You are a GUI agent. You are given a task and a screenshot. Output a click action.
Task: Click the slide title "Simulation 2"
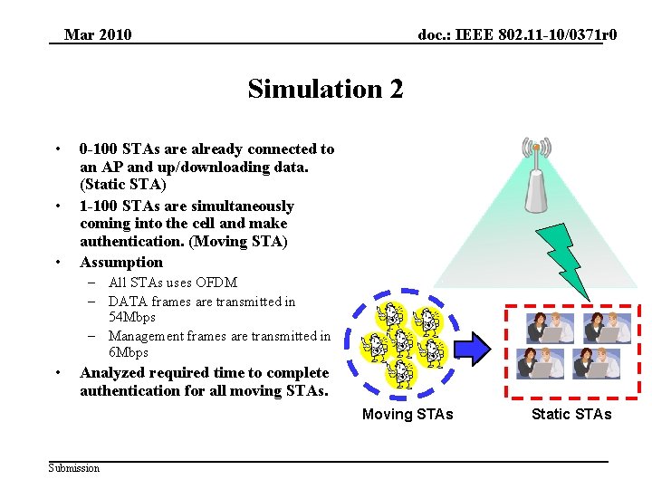[325, 89]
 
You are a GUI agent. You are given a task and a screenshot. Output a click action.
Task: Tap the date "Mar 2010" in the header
[98, 35]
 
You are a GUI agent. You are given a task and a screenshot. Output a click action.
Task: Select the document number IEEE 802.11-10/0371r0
[517, 35]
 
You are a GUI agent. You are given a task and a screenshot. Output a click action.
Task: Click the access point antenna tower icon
[536, 177]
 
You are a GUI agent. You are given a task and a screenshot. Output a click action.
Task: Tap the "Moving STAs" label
[407, 414]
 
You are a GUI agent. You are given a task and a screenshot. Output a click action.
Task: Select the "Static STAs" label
[571, 414]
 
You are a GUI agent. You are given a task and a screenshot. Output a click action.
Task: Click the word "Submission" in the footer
[74, 467]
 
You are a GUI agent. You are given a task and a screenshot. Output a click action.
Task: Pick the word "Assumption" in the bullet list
[121, 262]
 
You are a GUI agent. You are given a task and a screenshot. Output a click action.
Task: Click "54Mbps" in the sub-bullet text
[132, 318]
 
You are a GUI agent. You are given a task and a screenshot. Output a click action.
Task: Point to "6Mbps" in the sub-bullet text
[129, 352]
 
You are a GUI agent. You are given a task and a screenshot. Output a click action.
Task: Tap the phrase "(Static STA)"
[122, 184]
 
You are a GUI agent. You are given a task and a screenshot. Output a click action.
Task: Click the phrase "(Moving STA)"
[243, 241]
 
